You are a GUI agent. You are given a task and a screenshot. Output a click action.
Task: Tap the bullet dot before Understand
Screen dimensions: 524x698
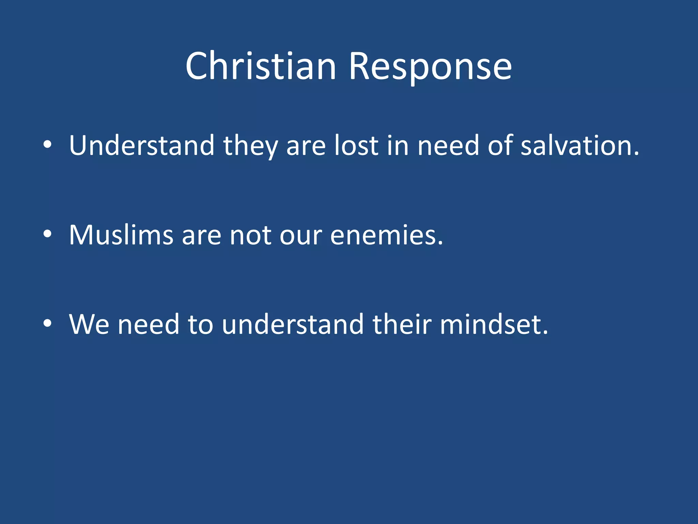[47, 145]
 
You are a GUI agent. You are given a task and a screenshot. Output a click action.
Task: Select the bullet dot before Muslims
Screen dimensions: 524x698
[47, 234]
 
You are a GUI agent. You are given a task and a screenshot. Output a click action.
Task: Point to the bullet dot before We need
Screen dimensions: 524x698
[47, 324]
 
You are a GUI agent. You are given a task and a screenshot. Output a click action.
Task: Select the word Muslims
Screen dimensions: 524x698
[121, 235]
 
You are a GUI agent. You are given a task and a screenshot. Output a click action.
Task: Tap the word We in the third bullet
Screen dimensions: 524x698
[89, 324]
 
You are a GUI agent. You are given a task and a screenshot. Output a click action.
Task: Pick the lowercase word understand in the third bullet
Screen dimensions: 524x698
[293, 324]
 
